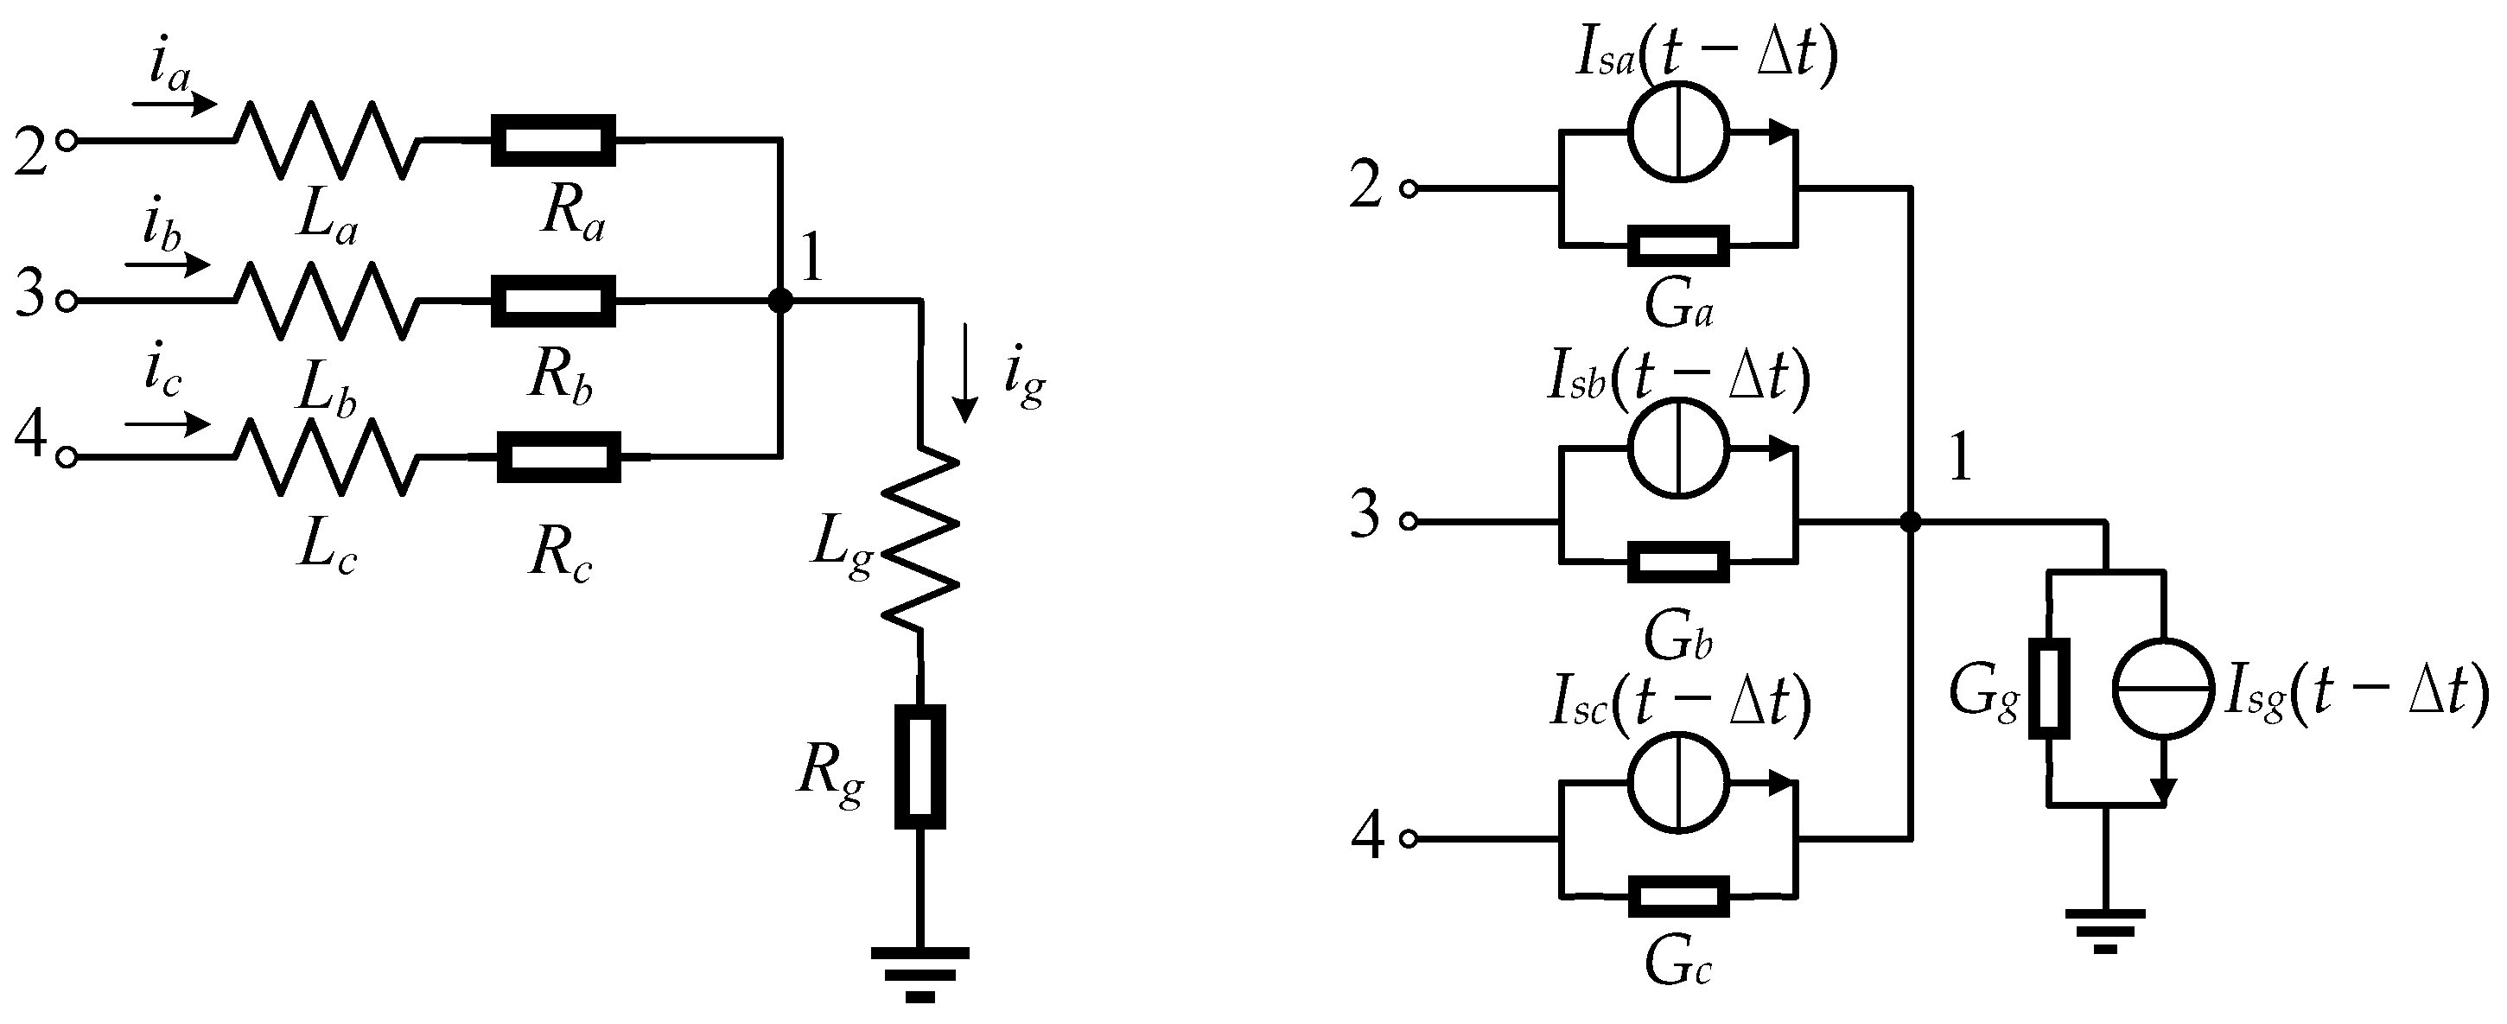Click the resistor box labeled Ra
point(554,141)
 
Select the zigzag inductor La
point(326,141)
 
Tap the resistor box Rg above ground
point(919,767)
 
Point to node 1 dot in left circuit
point(779,301)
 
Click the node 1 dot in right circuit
point(1911,523)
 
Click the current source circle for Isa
point(1679,131)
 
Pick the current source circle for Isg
point(2161,688)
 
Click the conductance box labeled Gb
point(1679,563)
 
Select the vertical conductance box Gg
point(2049,688)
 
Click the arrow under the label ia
point(175,101)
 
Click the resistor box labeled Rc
point(558,456)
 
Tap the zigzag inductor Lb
point(326,301)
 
